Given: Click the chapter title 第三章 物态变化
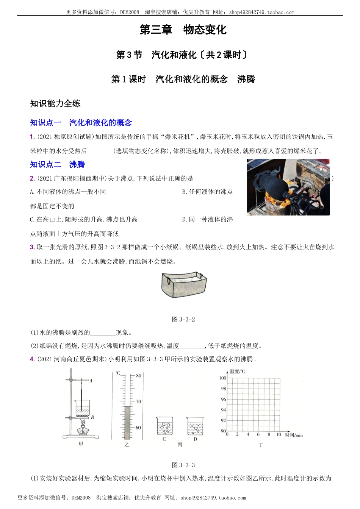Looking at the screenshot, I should coord(183,30).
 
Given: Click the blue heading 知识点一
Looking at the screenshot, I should coord(45,123).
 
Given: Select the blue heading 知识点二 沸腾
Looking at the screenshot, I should coord(57,164).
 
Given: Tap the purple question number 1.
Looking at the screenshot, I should coord(32,137).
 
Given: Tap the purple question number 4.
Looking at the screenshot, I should coord(32,359).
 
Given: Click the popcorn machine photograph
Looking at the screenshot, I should coord(288,187).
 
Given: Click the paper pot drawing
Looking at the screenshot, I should coord(184,284).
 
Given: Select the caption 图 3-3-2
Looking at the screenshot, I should coord(183,319).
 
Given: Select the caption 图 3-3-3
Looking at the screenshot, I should coord(183,465).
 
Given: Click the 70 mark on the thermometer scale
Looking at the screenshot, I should coord(138,401).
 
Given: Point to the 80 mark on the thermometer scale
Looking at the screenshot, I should coord(138,376).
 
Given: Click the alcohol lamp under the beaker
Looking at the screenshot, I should coord(81,430).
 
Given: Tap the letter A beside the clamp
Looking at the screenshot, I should coord(91,381).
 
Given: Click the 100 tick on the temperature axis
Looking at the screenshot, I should coord(222,378).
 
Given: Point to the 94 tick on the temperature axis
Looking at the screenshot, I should coord(223,410).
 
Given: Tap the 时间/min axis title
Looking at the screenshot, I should coord(294,435).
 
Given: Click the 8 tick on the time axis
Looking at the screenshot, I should coord(269,434).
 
